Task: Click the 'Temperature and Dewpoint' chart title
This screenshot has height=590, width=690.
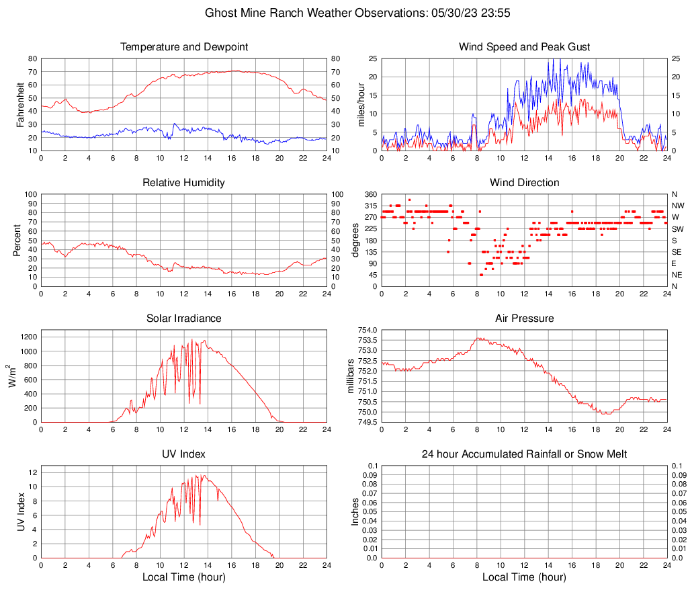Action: click(184, 47)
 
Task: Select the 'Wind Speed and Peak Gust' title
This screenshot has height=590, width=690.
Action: click(524, 47)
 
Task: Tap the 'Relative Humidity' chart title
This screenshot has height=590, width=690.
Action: click(184, 183)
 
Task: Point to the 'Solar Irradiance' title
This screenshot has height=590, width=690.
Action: click(184, 319)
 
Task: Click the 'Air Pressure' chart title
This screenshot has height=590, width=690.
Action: click(524, 319)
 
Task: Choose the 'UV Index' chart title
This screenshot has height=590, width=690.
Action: click(184, 454)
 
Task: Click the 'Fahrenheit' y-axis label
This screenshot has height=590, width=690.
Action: click(20, 104)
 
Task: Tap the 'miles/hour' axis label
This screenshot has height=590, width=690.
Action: click(361, 104)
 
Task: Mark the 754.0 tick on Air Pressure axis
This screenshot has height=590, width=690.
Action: click(367, 330)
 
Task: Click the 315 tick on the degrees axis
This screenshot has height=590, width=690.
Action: click(370, 206)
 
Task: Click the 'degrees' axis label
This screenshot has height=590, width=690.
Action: click(355, 240)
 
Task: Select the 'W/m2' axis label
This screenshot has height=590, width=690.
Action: click(13, 376)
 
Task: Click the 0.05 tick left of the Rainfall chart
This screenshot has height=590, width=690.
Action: click(368, 512)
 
